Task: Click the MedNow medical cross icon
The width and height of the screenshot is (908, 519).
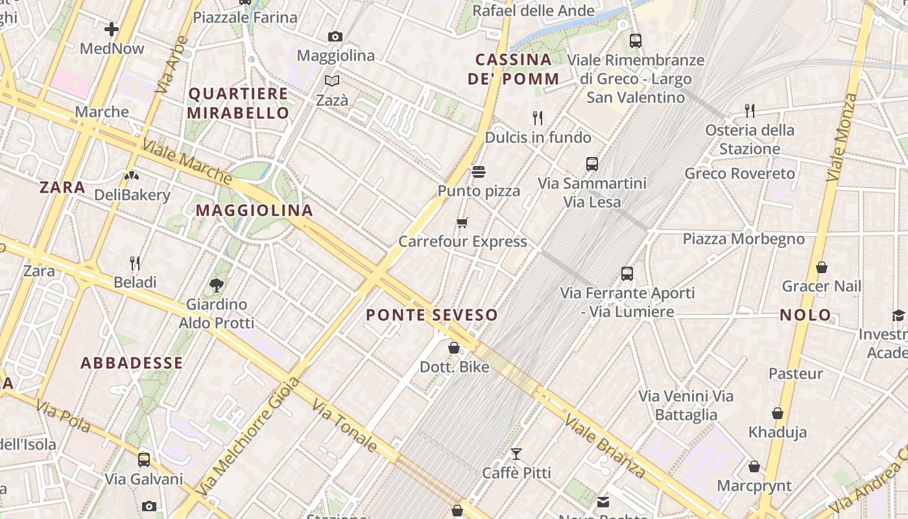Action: (x=112, y=29)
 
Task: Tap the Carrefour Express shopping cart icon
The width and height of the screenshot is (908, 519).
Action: (x=462, y=223)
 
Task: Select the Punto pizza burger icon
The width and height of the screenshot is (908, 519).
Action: (x=479, y=172)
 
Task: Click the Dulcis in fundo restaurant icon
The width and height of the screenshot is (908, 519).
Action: (x=538, y=117)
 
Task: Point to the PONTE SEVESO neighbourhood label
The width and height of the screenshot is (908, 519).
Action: (x=432, y=315)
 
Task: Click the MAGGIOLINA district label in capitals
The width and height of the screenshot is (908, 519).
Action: (x=254, y=210)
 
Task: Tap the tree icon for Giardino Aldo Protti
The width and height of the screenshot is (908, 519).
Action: (x=216, y=285)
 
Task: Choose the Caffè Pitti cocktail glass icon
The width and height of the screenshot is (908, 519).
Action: (x=516, y=454)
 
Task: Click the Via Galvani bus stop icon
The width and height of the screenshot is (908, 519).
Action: (x=144, y=460)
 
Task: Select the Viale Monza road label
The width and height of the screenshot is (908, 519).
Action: (x=842, y=138)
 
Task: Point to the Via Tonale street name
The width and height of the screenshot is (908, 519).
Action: (x=344, y=426)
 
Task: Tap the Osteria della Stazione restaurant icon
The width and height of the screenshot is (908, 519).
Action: (x=750, y=110)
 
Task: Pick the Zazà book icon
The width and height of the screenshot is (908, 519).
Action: (x=332, y=81)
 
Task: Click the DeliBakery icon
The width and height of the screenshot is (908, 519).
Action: (x=132, y=175)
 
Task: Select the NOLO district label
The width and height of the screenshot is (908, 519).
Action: (x=806, y=315)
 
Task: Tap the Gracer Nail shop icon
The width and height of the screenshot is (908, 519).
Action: (x=822, y=267)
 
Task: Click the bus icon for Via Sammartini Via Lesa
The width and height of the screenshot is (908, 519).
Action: (x=591, y=164)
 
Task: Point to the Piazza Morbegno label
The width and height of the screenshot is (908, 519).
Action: (x=743, y=239)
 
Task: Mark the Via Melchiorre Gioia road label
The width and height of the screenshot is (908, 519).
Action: (x=249, y=436)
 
